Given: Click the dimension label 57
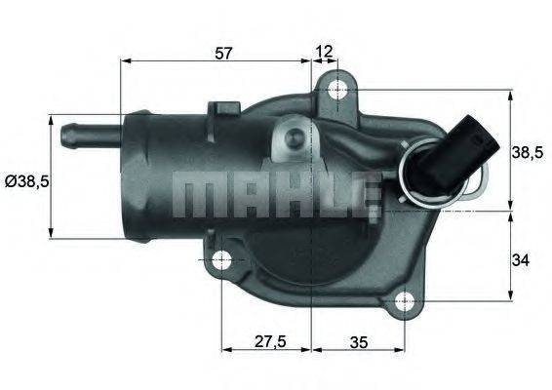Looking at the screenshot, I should (224, 53).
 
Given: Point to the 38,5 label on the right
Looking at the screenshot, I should (529, 151).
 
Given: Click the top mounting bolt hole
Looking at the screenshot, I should (337, 91).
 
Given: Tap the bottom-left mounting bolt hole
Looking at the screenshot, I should (221, 260).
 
